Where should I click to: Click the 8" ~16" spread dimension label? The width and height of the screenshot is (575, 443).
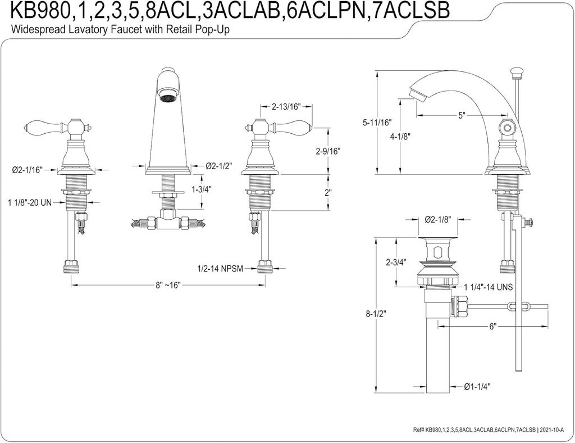tap(168, 285)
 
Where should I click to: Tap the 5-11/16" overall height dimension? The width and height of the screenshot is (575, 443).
tap(377, 122)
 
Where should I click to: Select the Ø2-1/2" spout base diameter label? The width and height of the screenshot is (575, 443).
tap(219, 166)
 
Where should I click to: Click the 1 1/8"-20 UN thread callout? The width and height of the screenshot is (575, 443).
tap(30, 202)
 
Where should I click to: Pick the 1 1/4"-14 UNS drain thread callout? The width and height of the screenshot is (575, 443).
tap(489, 287)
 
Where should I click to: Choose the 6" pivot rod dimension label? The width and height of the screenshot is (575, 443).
tap(492, 326)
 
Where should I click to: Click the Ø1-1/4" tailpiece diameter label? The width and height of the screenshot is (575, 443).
tap(477, 386)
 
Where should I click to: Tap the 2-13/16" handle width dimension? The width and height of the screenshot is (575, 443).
tap(286, 107)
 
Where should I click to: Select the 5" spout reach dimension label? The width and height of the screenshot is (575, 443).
tap(462, 116)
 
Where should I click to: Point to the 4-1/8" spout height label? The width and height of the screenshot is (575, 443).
tap(400, 137)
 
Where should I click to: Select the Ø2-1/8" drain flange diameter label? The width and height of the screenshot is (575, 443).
tap(438, 219)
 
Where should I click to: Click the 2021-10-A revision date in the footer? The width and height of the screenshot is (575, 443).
tap(553, 430)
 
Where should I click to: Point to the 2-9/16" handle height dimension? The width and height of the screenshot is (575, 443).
tap(328, 151)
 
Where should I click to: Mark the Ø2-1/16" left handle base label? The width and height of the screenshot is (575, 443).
tap(27, 170)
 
